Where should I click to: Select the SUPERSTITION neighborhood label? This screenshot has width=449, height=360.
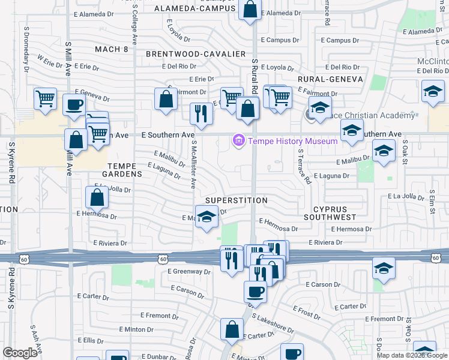click(236, 200)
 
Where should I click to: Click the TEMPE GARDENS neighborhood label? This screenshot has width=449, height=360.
click(125, 169)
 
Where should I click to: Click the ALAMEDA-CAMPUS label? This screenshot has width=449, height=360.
click(195, 8)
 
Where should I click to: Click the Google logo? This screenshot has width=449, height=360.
click(20, 353)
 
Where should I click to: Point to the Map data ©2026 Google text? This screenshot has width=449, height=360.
click(412, 355)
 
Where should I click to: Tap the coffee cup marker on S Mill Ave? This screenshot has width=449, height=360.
click(74, 104)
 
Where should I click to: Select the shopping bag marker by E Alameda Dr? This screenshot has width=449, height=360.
click(250, 9)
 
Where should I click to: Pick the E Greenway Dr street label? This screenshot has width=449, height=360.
click(190, 271)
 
